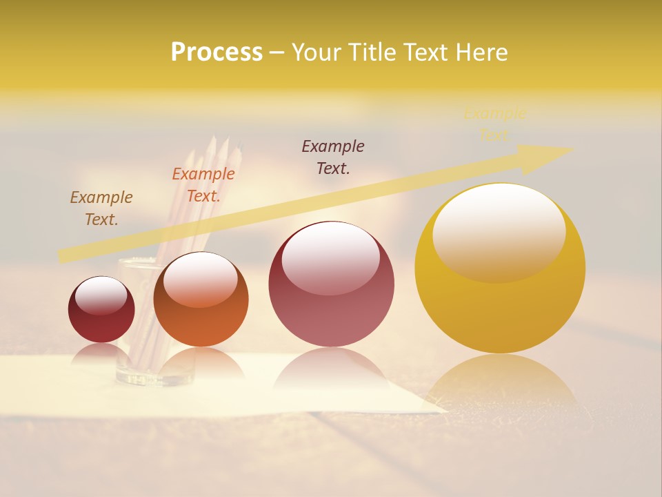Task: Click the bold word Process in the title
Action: tap(217, 52)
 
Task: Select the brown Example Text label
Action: tap(101, 208)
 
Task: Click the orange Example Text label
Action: tap(203, 185)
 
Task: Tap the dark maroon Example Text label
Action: tap(333, 157)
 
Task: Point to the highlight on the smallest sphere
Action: tap(101, 295)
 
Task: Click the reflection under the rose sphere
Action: tap(331, 369)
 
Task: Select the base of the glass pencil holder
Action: tap(155, 376)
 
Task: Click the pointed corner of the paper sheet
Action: tap(445, 412)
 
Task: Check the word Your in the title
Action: tap(315, 52)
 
